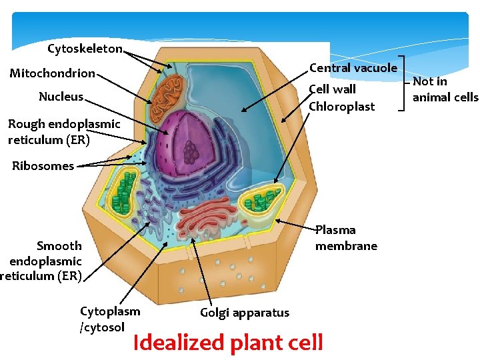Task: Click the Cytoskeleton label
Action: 85,49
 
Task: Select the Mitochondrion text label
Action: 52,73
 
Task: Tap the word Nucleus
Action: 61,97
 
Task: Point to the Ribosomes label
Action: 43,166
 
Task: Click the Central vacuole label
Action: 353,68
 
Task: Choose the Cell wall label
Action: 333,89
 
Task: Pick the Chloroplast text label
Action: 342,107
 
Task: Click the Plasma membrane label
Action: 346,238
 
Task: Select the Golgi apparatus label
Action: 244,313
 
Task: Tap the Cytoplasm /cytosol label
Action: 110,319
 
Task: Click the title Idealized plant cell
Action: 228,343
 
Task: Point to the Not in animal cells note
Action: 445,89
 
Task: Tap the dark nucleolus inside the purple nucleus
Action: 192,152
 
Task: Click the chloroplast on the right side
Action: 263,202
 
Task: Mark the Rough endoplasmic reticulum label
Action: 64,131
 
